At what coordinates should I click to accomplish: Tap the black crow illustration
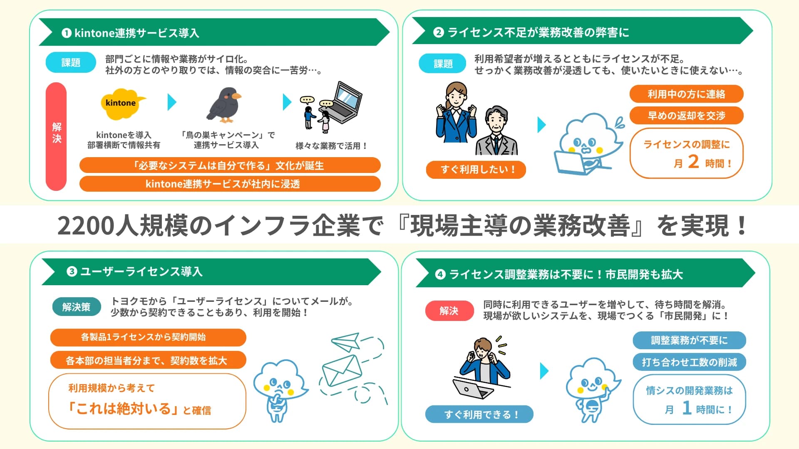pos(225,105)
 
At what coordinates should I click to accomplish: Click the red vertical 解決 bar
pos(56,136)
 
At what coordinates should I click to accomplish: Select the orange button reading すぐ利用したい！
pos(476,170)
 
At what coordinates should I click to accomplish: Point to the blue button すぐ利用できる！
pos(479,414)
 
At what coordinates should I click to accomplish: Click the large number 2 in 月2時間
pos(693,161)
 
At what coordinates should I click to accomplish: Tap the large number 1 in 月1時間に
pos(687,408)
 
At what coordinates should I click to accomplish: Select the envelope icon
pos(342,370)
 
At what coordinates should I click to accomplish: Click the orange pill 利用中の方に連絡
pos(686,94)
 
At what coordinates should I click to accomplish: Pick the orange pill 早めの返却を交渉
pos(686,116)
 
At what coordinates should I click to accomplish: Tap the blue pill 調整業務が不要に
pos(689,340)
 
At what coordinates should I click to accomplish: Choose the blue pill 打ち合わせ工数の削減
pos(689,362)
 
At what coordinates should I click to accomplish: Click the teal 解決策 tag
pos(77,307)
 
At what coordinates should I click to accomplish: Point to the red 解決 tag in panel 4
pos(449,311)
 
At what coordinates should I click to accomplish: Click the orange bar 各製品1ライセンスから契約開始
pos(148,337)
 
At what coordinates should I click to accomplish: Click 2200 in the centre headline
pos(86,226)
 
